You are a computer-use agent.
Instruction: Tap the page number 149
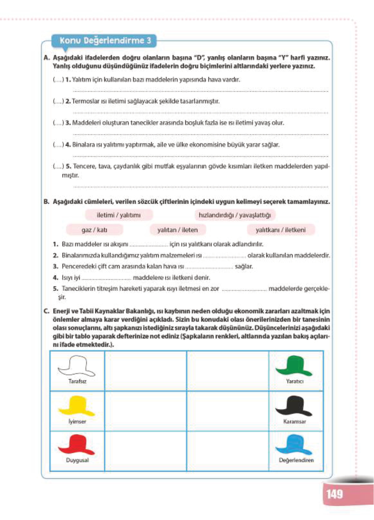334,494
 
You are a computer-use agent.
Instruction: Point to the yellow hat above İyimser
77,406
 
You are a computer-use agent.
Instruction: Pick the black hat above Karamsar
294,406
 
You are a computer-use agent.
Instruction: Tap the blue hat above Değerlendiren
294,445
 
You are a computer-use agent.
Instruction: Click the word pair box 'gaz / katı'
94,230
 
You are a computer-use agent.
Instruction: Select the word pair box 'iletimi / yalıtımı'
119,215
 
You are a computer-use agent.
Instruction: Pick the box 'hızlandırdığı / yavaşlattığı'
235,215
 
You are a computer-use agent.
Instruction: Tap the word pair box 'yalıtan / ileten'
178,230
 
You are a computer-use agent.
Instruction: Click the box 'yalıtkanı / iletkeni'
280,230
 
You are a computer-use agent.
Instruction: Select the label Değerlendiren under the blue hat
296,460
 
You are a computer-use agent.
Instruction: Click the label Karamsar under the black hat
294,421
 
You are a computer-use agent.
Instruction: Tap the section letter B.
46,202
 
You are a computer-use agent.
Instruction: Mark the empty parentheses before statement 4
58,145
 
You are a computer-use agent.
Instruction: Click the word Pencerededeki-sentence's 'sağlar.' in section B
244,266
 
